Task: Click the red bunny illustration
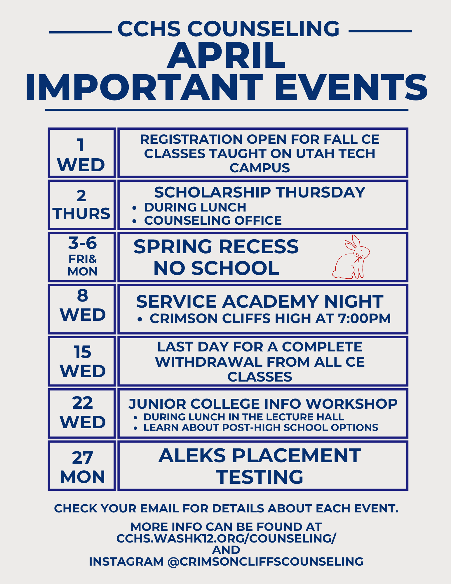[x=351, y=257]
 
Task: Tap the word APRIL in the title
[x=226, y=56]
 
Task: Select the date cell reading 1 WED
[x=82, y=153]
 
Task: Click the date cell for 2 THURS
[x=82, y=205]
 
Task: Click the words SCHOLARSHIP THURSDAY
[x=260, y=192]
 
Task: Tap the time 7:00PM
[x=364, y=318]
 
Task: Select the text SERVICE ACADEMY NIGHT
[x=260, y=301]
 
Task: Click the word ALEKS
[x=192, y=455]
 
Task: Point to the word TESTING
[x=260, y=477]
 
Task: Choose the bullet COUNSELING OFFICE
[x=213, y=221]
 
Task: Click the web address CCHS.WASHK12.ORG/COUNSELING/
[x=226, y=538]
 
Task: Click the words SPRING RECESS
[x=216, y=246]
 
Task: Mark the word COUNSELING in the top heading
[x=263, y=29]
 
